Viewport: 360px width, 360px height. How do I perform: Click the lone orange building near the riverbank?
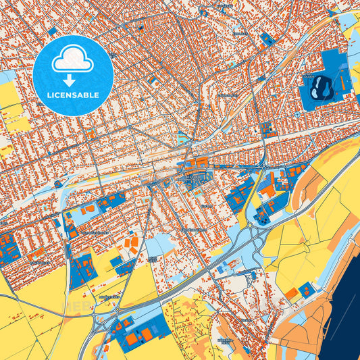(x=290, y=293)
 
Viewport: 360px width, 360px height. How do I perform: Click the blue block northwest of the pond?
(x=267, y=39)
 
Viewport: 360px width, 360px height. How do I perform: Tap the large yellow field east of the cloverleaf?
(x=297, y=233)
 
